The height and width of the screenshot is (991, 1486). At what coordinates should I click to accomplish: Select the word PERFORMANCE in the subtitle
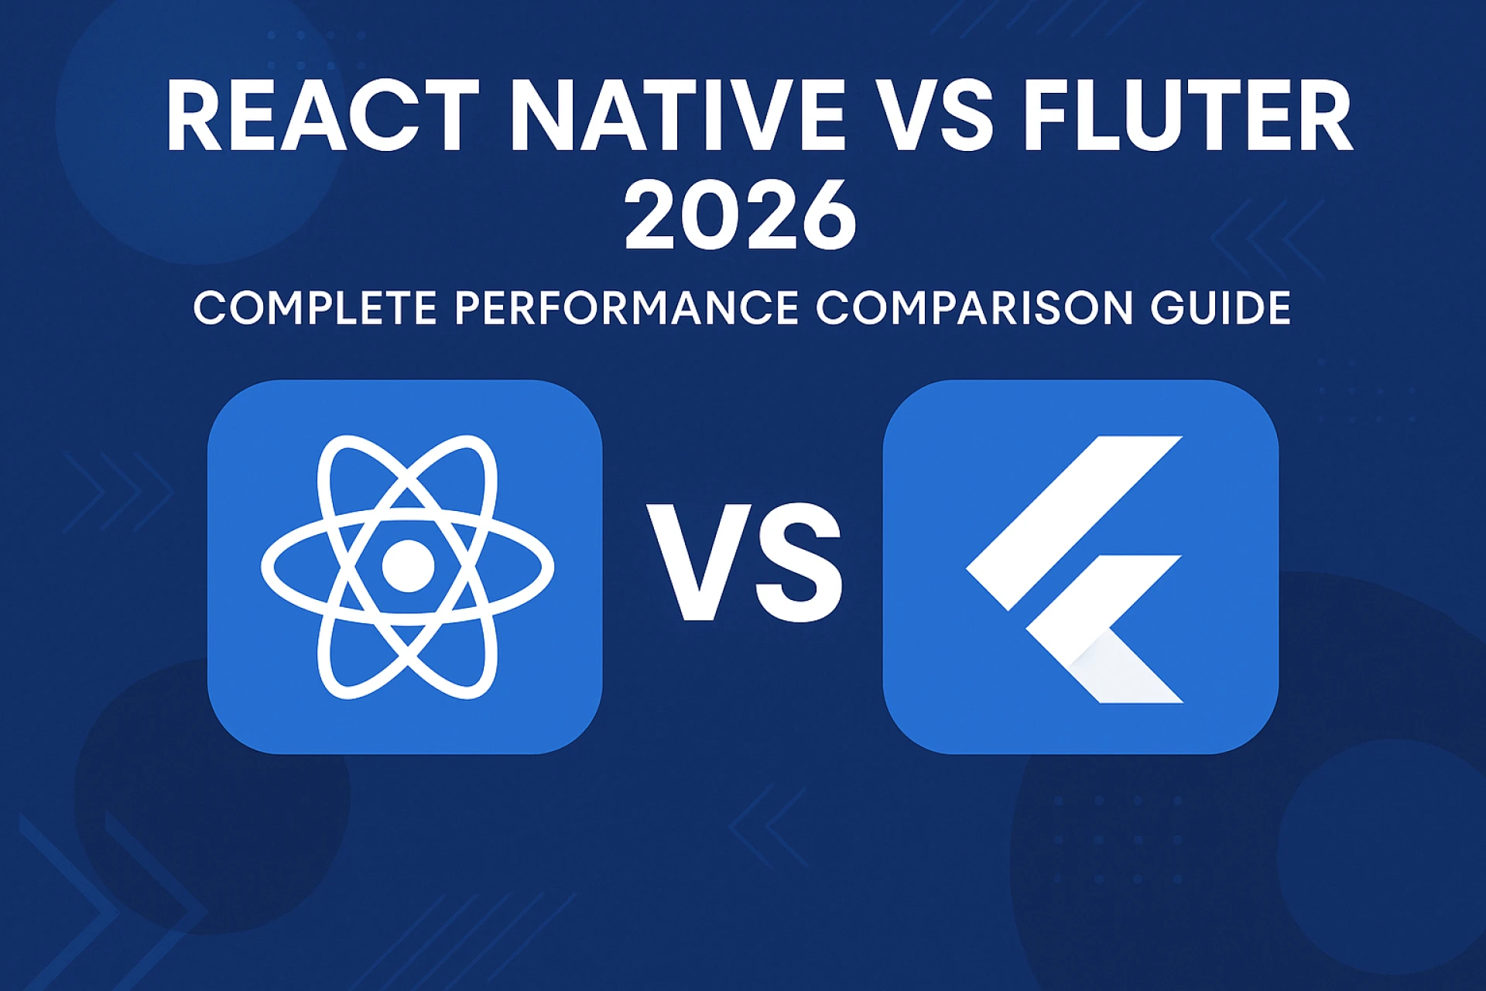[627, 308]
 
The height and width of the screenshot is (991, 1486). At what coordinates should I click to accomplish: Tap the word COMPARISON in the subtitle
[974, 308]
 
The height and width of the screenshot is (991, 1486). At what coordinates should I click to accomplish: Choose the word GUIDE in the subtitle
[1221, 308]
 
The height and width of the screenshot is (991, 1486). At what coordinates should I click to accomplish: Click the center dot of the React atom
[408, 566]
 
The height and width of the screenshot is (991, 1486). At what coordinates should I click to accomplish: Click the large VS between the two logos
[745, 563]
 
